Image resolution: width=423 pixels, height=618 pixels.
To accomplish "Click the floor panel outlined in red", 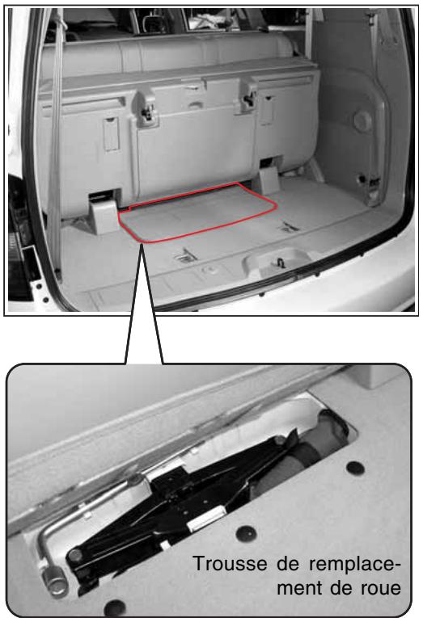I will pos(198,212).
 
